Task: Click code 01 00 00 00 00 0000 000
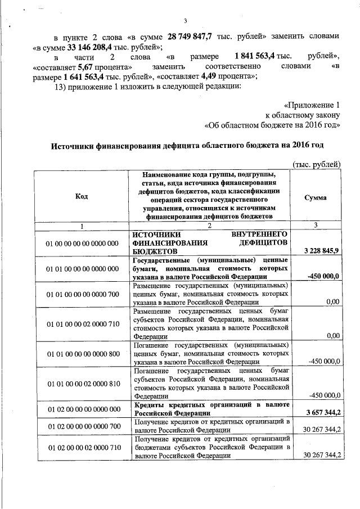tap(82, 243)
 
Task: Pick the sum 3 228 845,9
tap(321, 250)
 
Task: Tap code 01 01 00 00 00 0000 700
tap(82, 294)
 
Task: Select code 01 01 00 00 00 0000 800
tap(82, 354)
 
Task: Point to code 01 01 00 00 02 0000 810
tap(82, 384)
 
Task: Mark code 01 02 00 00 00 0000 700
tap(82, 426)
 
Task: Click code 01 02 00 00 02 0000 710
tap(82, 448)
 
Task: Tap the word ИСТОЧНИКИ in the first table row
tap(156, 233)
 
